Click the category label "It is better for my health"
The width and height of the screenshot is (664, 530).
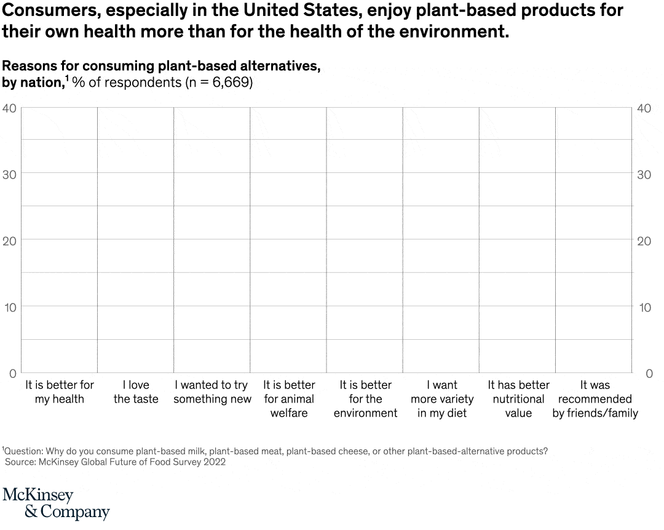tap(60, 392)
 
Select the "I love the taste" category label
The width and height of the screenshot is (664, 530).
tap(136, 392)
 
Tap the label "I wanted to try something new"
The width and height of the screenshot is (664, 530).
tap(212, 392)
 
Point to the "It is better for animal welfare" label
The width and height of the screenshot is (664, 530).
tap(289, 399)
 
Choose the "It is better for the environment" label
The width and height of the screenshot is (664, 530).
tap(365, 399)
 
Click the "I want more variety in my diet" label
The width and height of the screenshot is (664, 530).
tap(442, 399)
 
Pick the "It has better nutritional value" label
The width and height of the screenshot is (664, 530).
tap(518, 399)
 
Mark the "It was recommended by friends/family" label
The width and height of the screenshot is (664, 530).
tap(595, 399)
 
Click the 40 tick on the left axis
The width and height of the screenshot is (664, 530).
tap(9, 108)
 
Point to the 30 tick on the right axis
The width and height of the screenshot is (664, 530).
tap(644, 174)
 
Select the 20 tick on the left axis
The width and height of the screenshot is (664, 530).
tap(9, 241)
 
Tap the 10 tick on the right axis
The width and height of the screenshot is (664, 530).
tap(644, 307)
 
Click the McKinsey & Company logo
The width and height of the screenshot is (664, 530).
tap(56, 504)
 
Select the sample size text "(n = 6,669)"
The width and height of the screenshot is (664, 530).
tap(219, 82)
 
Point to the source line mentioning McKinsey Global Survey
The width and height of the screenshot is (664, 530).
tap(115, 462)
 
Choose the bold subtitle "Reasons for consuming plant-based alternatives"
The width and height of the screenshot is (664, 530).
tap(161, 66)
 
